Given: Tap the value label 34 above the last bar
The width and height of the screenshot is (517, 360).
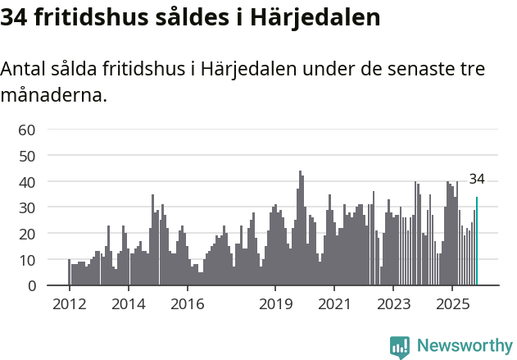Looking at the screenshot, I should click(477, 179).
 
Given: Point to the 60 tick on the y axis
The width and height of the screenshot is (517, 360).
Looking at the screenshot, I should click(27, 130).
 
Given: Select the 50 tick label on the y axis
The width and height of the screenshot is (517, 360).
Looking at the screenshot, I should click(27, 156).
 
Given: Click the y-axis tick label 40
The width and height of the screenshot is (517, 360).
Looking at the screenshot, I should click(27, 181).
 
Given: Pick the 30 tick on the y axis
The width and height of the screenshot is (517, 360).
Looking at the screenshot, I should click(27, 207).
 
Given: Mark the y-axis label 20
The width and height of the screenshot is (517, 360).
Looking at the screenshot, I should click(27, 234).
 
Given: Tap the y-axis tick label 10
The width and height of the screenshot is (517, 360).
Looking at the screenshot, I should click(27, 260).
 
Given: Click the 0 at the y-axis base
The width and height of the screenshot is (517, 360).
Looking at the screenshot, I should click(31, 286).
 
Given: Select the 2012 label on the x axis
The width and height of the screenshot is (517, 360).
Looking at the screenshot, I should click(69, 303).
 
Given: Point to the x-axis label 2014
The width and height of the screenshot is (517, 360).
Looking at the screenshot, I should click(128, 303).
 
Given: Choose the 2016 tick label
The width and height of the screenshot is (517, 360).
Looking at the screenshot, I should click(187, 303).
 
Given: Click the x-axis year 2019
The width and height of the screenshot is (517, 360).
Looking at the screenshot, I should click(275, 303).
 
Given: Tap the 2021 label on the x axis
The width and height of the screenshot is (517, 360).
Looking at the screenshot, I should click(334, 303).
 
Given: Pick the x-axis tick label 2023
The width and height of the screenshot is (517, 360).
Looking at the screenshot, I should click(393, 303).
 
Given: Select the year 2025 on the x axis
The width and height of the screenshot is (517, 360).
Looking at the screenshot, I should click(452, 303).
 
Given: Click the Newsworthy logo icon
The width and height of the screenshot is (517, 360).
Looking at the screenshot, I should click(400, 346).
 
